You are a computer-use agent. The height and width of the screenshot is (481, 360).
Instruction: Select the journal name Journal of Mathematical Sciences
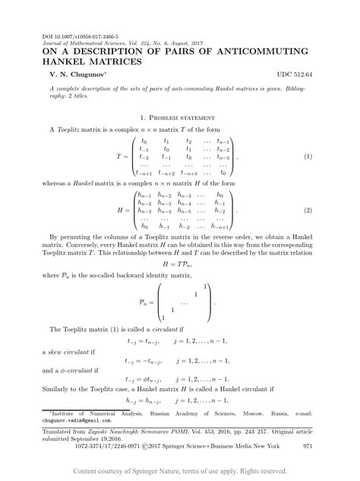coord(86,42)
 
